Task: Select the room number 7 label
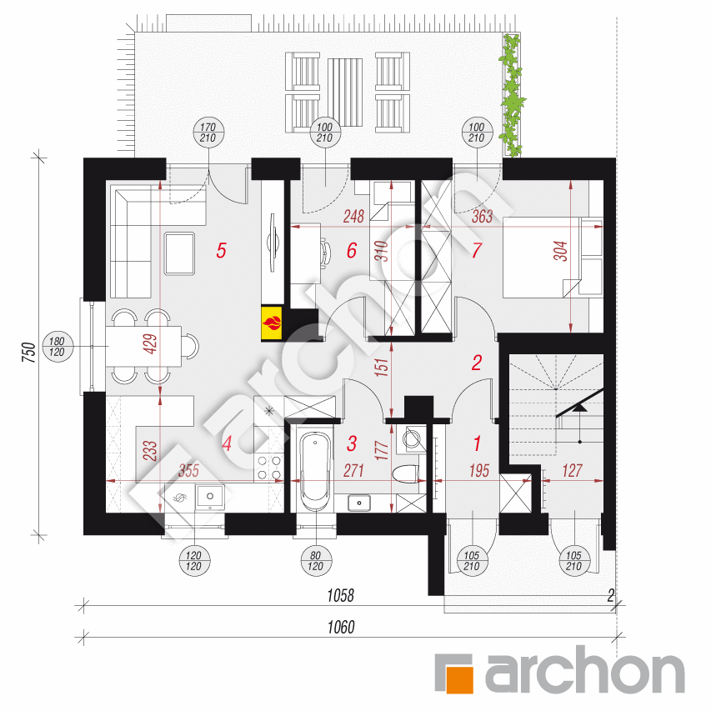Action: tap(477, 249)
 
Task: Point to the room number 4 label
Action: tap(226, 444)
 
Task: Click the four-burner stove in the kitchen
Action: tap(268, 468)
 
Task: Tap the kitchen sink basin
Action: tap(209, 498)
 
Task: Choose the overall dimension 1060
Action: tap(341, 627)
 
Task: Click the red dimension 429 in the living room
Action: tap(150, 344)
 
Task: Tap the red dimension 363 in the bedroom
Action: tap(483, 216)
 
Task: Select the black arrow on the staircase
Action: tap(582, 408)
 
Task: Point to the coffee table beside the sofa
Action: tap(179, 253)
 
